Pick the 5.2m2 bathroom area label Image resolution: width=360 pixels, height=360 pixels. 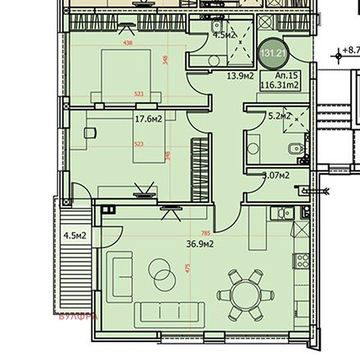279,116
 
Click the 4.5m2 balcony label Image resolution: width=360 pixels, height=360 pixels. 75,235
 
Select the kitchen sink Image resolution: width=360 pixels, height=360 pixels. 283,212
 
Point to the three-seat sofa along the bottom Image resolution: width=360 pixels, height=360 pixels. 160,312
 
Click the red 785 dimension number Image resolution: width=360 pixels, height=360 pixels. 206,233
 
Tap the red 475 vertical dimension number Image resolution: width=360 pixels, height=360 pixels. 187,270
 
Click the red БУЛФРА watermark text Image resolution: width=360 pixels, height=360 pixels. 78,317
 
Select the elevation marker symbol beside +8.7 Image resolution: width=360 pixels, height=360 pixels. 338,56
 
